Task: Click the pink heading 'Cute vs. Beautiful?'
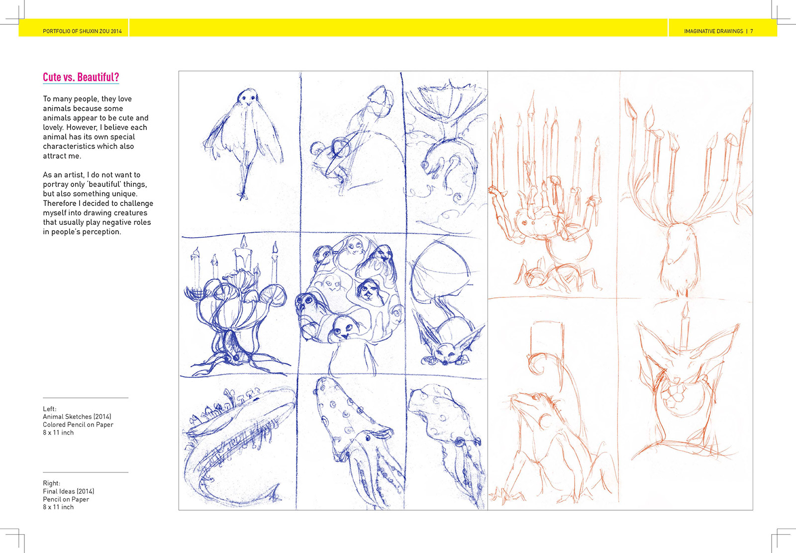coord(81,77)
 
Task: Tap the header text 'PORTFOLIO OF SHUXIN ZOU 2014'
coord(82,31)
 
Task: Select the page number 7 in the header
coord(752,31)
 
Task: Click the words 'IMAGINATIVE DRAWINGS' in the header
coord(713,31)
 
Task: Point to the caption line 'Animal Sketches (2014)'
coord(77,417)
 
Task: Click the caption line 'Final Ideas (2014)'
coord(69,491)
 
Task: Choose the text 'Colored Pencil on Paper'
coord(78,424)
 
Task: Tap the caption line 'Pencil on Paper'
coord(66,499)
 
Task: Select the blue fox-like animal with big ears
coord(450,346)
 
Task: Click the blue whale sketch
coord(238,444)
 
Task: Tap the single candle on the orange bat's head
coord(685,325)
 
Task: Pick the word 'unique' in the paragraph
coord(124,194)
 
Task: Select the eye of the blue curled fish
coord(425,165)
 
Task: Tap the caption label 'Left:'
coord(49,409)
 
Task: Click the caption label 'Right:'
coord(52,483)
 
